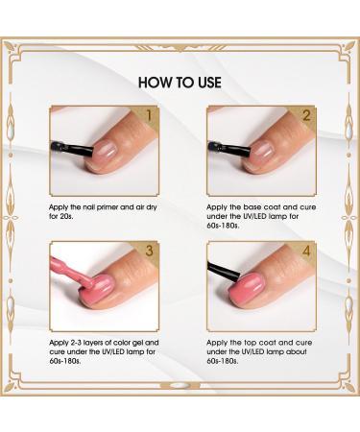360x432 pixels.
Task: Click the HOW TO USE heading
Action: (x=180, y=80)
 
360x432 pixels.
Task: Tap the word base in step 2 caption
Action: (x=247, y=206)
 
